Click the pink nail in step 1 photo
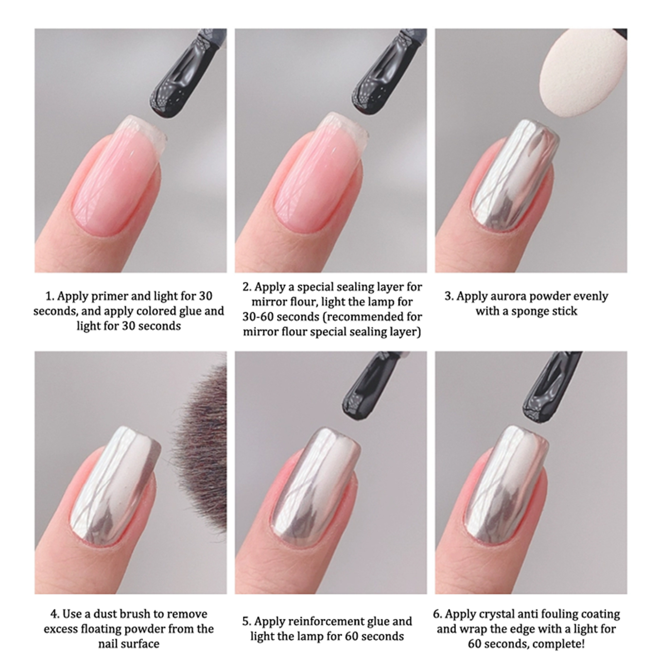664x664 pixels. (120, 174)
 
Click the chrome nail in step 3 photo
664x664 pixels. (515, 174)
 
